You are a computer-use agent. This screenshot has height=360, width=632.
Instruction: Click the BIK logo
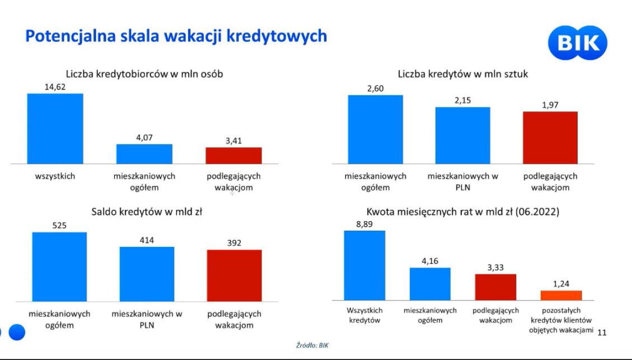[577, 43]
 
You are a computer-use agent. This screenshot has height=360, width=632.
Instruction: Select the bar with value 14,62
[55, 128]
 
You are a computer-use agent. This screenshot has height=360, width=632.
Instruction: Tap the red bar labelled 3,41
[233, 155]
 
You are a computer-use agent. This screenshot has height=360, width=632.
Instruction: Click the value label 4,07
[144, 138]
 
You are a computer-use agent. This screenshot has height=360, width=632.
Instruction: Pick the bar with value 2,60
[375, 129]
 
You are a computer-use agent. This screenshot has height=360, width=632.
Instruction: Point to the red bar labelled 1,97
[550, 137]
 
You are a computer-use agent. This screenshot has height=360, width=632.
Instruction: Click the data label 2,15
[462, 100]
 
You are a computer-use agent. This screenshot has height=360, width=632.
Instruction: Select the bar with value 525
[59, 267]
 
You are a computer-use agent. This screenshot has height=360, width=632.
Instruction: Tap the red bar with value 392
[234, 275]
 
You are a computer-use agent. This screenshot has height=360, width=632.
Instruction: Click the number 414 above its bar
[147, 240]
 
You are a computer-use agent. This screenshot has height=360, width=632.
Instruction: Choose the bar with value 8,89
[364, 265]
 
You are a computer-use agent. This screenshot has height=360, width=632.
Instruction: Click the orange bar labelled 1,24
[561, 296]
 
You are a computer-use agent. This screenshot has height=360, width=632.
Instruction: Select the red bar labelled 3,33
[495, 287]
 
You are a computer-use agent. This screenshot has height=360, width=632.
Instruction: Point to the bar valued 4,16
[430, 284]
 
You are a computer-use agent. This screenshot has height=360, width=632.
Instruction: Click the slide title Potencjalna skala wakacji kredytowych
[176, 36]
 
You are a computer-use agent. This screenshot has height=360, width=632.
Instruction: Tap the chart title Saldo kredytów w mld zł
[147, 212]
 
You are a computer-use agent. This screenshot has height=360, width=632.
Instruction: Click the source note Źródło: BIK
[312, 345]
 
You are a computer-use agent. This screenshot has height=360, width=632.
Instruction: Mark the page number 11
[602, 333]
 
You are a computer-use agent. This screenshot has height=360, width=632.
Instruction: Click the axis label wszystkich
[55, 176]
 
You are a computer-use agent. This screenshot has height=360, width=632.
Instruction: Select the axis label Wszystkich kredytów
[364, 315]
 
